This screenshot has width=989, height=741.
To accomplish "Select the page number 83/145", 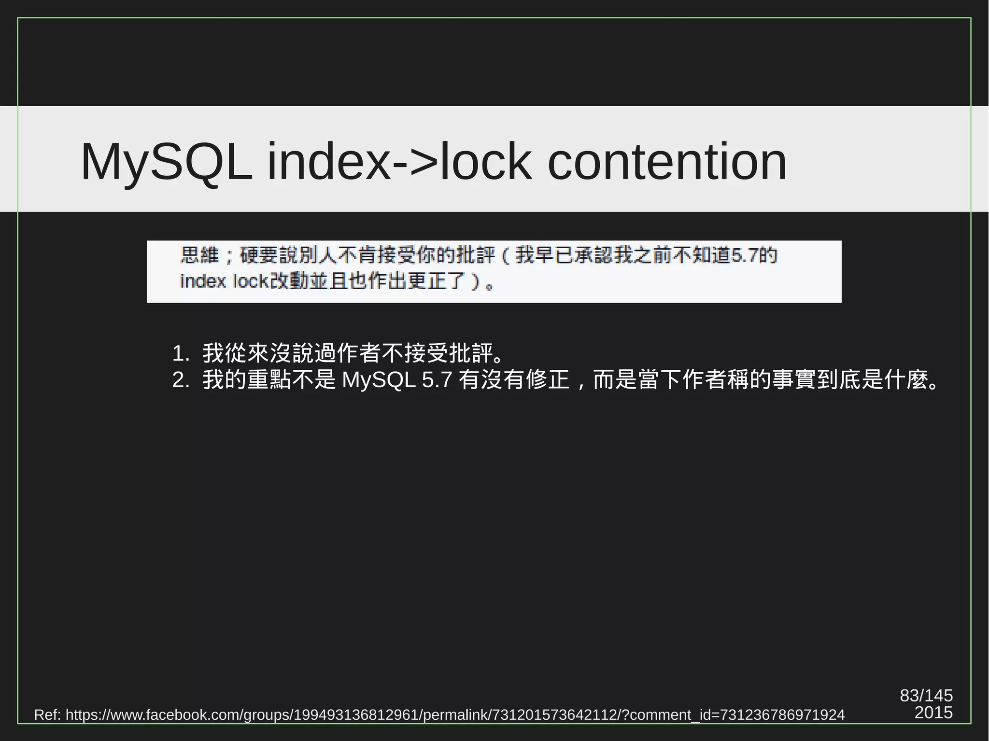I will pos(926,696).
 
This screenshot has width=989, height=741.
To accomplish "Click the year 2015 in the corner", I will pos(933,713).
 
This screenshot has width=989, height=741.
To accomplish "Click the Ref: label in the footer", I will pos(47,715).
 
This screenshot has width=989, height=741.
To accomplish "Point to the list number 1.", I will pos(180,354).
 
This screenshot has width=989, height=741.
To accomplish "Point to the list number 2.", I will pos(180,380).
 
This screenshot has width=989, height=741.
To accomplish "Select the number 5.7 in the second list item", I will pos(437,380).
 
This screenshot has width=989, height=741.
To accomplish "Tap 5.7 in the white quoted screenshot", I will pos(744,255).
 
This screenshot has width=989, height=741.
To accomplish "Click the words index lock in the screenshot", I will pos(224,281).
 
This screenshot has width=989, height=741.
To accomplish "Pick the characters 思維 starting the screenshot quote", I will pos(200,255).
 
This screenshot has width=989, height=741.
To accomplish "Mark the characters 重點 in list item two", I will pos(269,380).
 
